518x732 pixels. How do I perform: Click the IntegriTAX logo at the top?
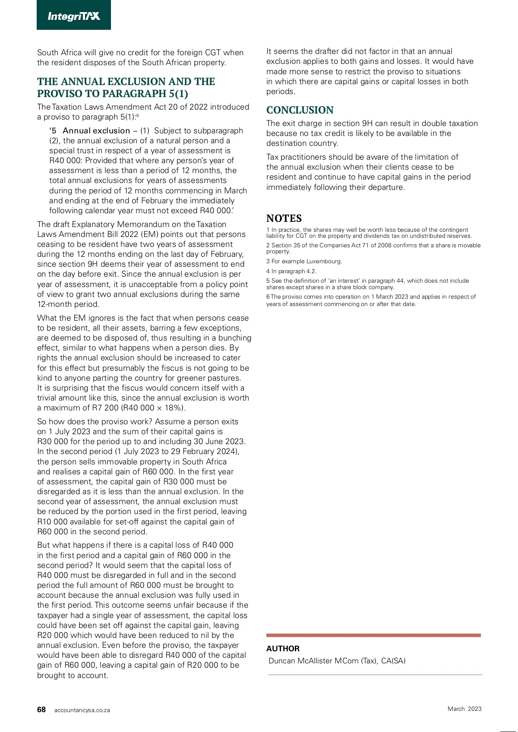74,16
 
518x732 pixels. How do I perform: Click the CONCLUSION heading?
300,110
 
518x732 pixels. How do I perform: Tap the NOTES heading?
284,218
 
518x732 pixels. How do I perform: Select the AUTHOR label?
283,649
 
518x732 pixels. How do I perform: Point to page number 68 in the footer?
41,710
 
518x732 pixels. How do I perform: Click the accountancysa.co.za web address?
82,710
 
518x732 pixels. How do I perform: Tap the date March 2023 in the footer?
464,709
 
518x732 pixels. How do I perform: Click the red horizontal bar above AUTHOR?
373,635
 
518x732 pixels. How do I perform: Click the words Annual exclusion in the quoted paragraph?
96,131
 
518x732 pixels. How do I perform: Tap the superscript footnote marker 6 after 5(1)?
138,116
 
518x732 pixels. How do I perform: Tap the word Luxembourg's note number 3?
268,262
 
